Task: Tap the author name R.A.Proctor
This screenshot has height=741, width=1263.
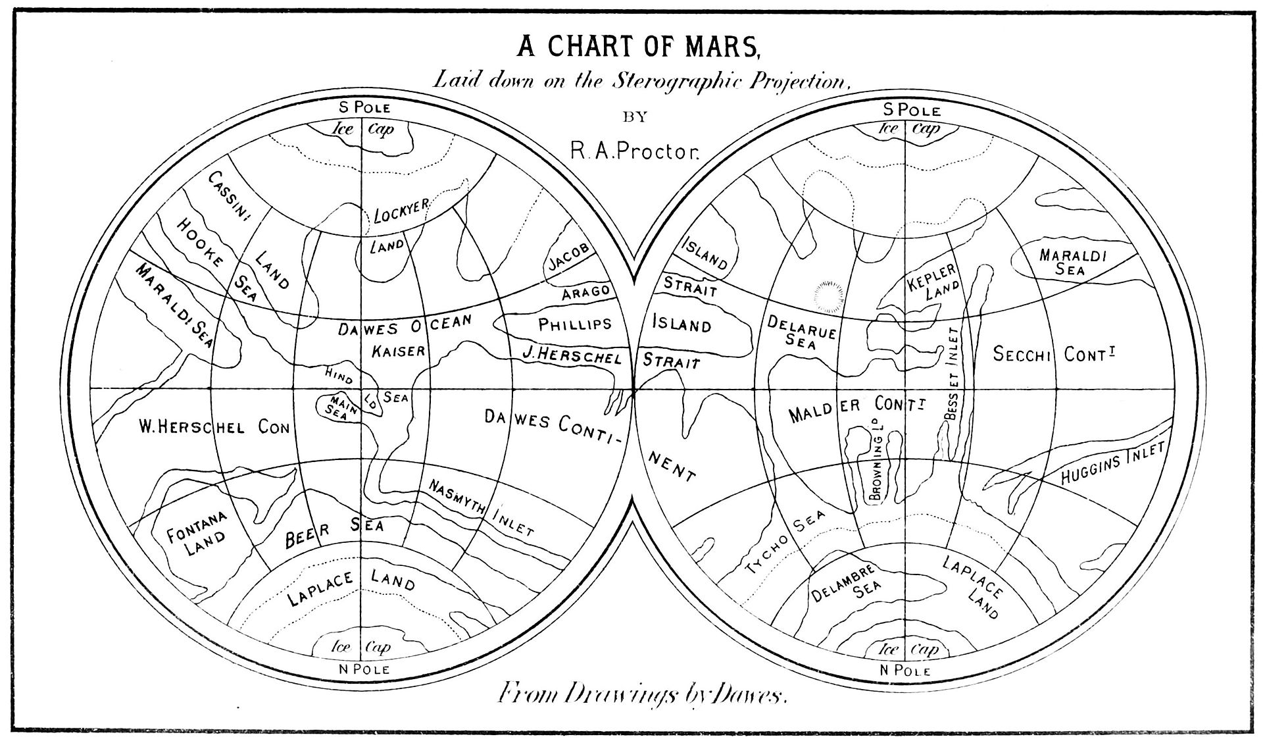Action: coord(635,153)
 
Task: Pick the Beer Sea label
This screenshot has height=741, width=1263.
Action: coord(335,532)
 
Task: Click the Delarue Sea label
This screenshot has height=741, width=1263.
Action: coord(801,332)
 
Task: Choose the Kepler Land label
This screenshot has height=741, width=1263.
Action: coord(933,282)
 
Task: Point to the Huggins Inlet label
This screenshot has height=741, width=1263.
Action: coord(1112,465)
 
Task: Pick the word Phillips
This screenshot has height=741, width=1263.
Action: coord(575,324)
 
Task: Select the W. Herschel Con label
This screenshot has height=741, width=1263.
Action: coord(214,428)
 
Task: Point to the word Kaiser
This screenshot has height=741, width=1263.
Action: coord(399,351)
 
